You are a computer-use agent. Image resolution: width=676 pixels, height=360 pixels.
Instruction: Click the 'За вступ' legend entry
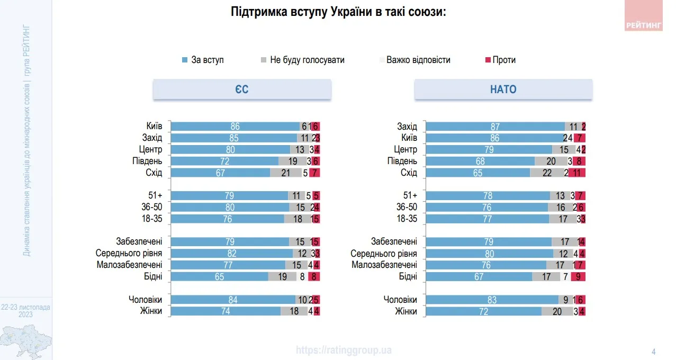pyautogui.click(x=203, y=60)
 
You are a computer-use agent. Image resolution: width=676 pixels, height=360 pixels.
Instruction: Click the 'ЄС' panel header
pyautogui.click(x=242, y=89)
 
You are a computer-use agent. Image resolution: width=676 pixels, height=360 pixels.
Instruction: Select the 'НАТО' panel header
pyautogui.click(x=503, y=89)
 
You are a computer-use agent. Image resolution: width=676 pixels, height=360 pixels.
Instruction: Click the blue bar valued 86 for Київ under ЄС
pyautogui.click(x=235, y=127)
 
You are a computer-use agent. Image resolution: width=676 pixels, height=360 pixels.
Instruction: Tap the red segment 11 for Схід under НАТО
pyautogui.click(x=576, y=173)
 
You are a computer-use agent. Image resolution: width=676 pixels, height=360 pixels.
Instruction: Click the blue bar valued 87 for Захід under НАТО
pyautogui.click(x=495, y=127)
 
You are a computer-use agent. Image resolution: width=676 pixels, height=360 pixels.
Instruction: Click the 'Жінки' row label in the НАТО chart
pyautogui.click(x=406, y=311)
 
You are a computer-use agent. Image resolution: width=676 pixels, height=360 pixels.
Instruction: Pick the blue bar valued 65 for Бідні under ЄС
pyautogui.click(x=219, y=276)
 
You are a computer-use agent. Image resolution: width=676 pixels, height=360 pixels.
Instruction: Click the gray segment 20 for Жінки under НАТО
pyautogui.click(x=557, y=311)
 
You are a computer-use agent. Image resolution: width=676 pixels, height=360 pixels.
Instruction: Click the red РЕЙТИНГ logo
pyautogui.click(x=643, y=16)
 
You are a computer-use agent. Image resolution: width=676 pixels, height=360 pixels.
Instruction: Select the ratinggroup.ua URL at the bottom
pyautogui.click(x=344, y=350)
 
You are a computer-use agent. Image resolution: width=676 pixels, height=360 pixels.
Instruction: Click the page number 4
pyautogui.click(x=653, y=352)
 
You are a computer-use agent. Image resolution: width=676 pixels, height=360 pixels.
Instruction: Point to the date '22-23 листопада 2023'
pyautogui.click(x=25, y=311)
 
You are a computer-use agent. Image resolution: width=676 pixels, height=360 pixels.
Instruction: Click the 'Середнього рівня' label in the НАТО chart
pyautogui.click(x=384, y=254)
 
